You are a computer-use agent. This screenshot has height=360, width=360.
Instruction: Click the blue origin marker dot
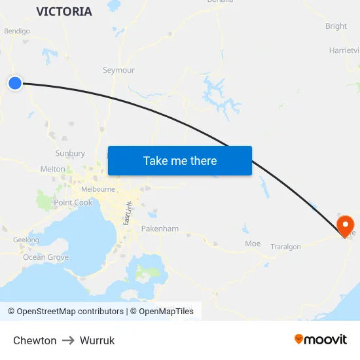coord(14,82)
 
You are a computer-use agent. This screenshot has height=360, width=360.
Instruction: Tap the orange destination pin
coord(345,226)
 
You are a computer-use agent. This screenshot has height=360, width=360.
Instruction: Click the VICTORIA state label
coord(64,12)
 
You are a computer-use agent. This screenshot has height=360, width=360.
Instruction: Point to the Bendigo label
coord(17,31)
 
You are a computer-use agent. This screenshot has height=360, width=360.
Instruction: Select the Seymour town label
coord(118,70)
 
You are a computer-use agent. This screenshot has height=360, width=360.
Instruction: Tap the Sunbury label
coord(70,153)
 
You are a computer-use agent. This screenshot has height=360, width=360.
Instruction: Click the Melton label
coord(53,169)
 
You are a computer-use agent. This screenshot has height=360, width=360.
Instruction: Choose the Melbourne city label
coord(98,189)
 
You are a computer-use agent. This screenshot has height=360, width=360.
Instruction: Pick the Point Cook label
coord(73,203)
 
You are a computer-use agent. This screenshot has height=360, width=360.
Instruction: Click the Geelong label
coord(26,240)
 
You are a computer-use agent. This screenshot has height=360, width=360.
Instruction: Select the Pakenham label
coord(160,229)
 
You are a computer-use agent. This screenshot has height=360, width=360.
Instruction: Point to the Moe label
coord(253,243)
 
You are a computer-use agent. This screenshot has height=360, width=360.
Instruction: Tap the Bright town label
coord(336,26)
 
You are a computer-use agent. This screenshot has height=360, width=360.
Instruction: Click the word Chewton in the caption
coord(35,340)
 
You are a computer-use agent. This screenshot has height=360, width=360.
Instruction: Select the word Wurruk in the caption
coord(97,340)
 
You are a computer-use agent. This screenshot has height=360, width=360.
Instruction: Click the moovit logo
coord(321,339)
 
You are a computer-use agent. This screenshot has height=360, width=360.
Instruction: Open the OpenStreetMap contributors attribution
coord(66,312)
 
